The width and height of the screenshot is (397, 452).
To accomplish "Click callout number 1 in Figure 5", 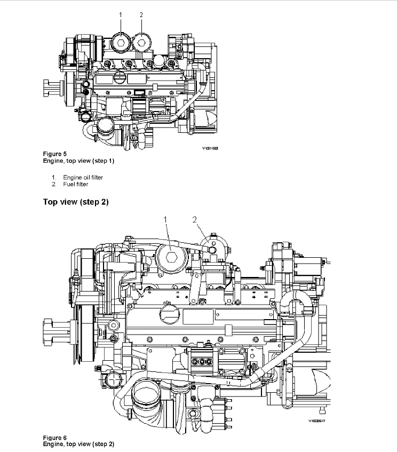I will [x=121, y=15].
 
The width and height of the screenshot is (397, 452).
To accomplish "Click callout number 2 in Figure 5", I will [x=141, y=15].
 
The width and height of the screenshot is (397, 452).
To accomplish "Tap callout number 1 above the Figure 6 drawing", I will [x=165, y=219].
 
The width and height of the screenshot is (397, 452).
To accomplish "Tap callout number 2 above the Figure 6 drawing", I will [x=194, y=219].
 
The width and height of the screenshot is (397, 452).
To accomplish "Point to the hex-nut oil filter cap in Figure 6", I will [x=170, y=258].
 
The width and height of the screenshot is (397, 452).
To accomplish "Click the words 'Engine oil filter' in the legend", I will [x=83, y=177].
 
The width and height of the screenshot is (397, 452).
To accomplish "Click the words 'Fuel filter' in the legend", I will [x=75, y=184].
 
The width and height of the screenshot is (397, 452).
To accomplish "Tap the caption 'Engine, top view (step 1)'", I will [x=78, y=161].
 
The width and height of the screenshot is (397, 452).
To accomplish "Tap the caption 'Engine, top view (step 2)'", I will [x=78, y=444].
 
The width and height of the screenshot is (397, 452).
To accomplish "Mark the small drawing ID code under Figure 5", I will [x=210, y=149].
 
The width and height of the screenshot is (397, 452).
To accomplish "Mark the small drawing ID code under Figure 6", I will [x=316, y=421].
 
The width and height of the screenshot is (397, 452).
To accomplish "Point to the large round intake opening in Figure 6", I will [x=147, y=397].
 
